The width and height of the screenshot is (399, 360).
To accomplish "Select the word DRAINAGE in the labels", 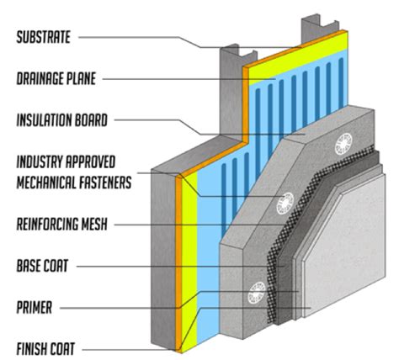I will (x=41, y=79).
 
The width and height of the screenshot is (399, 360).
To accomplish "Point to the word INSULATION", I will (x=48, y=120).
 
